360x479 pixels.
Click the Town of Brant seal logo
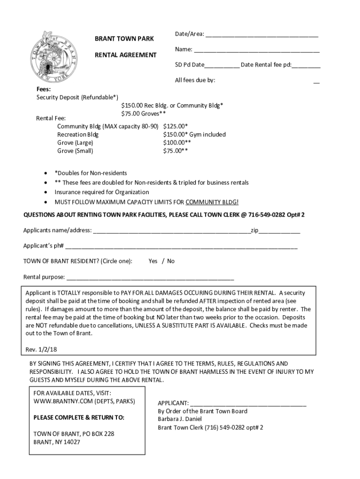53,55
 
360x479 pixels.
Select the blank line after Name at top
257,50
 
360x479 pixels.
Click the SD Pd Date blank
222,65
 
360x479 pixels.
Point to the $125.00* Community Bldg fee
176,126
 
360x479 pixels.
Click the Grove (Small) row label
75,151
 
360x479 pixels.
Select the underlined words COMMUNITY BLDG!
212,202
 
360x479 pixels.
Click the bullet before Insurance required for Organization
45,192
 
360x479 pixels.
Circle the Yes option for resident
153,261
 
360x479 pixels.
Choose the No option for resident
171,261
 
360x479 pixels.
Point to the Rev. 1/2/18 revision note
41,349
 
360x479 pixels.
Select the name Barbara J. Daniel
179,419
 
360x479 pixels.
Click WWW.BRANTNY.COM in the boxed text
63,401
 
